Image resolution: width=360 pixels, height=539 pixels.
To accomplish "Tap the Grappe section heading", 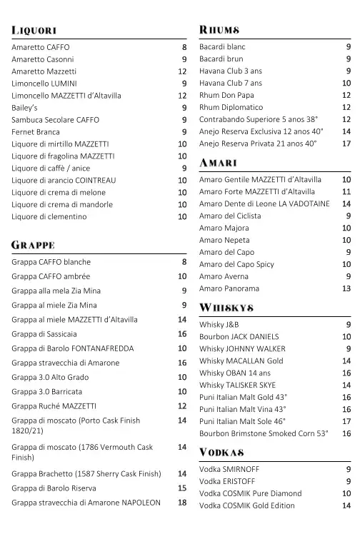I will pyautogui.click(x=33, y=245).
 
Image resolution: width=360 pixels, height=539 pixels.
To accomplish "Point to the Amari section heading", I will pyautogui.click(x=218, y=163).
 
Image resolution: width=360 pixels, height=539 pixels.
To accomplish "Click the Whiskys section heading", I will pyautogui.click(x=226, y=308).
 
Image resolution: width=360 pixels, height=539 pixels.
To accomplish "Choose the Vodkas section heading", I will pyautogui.click(x=222, y=453).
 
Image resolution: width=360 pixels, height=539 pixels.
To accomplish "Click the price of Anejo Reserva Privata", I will pyautogui.click(x=346, y=143).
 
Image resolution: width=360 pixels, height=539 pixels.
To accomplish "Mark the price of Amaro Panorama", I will pyautogui.click(x=346, y=288).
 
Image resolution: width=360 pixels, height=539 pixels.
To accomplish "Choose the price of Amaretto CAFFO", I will pyautogui.click(x=184, y=47).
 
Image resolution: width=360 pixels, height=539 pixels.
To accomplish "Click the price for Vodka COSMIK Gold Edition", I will pyautogui.click(x=346, y=505).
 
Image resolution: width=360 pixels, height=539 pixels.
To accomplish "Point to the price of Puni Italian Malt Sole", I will pyautogui.click(x=346, y=421).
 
